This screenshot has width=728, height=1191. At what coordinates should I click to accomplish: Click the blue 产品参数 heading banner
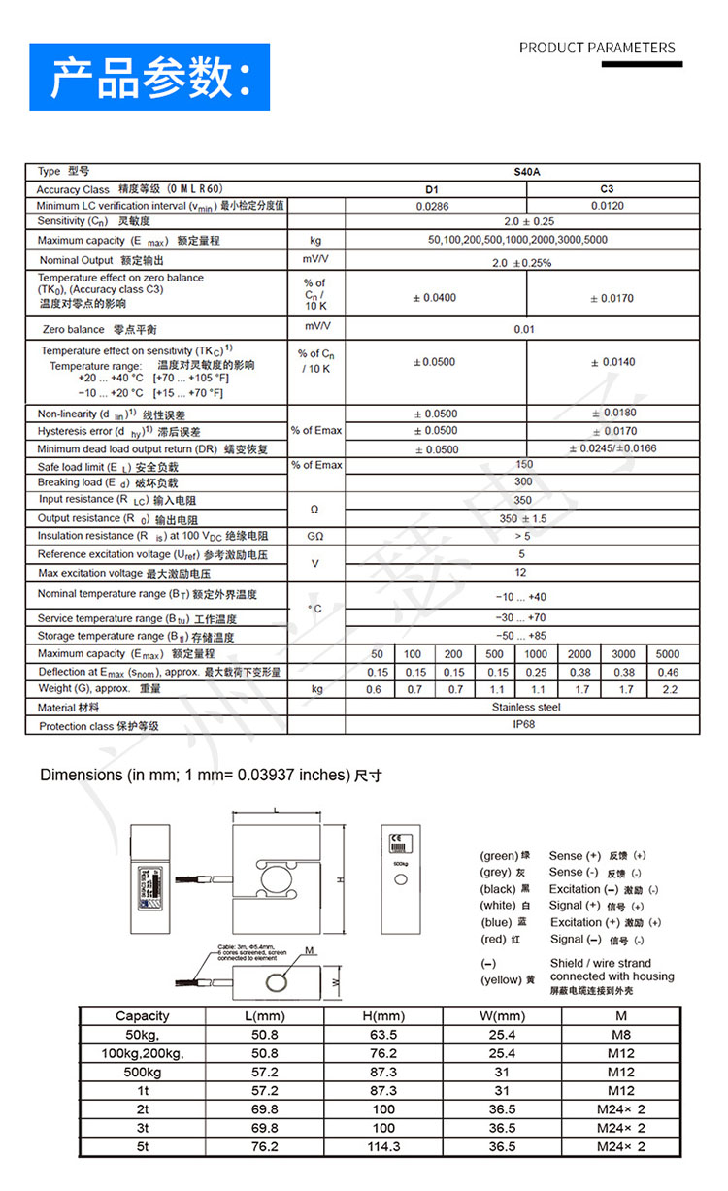[x=150, y=78]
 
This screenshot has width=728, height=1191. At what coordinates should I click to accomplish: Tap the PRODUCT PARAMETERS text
[x=597, y=48]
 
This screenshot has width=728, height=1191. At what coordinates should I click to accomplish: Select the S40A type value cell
[x=527, y=172]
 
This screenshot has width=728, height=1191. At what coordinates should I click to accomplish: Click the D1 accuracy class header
[x=433, y=189]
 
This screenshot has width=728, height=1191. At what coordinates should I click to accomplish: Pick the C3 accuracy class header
[x=608, y=189]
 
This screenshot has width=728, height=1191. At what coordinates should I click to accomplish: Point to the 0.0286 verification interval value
[x=433, y=206]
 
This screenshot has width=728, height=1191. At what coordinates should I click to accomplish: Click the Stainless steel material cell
[x=526, y=708]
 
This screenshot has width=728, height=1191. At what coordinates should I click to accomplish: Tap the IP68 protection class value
[x=524, y=725]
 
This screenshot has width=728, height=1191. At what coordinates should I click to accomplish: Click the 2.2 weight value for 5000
[x=669, y=689]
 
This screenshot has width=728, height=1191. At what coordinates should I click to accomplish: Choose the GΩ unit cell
[x=315, y=536]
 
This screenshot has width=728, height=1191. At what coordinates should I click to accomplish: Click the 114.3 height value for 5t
[x=382, y=1146]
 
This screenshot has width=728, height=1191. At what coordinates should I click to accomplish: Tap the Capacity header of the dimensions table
[x=143, y=1016]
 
